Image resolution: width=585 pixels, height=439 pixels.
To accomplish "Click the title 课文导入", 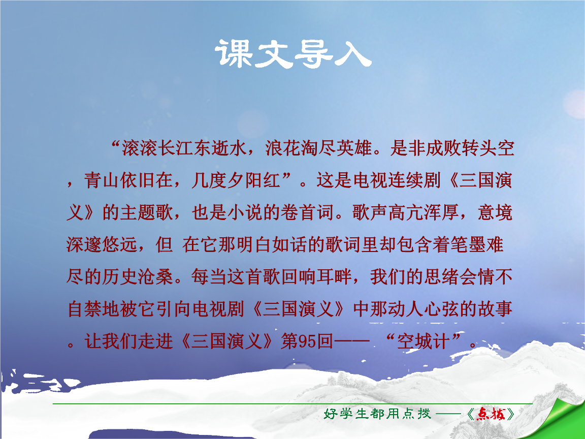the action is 293,54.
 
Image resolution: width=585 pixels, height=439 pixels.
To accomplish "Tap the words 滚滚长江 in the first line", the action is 158,148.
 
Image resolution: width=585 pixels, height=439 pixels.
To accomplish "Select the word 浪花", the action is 283,148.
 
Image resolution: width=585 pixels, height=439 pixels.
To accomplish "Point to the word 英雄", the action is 355,148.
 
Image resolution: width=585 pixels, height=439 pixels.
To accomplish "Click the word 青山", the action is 102,180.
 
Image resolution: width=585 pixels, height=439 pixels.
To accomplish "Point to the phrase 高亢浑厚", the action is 424,212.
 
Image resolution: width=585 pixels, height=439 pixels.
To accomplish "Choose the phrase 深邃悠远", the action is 102,244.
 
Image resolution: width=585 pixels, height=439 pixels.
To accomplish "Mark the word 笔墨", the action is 469,244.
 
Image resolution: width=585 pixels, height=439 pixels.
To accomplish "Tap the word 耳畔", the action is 335,276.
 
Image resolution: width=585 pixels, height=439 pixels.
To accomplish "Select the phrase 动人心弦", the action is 406,309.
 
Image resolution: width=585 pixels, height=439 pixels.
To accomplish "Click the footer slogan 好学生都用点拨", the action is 377,414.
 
